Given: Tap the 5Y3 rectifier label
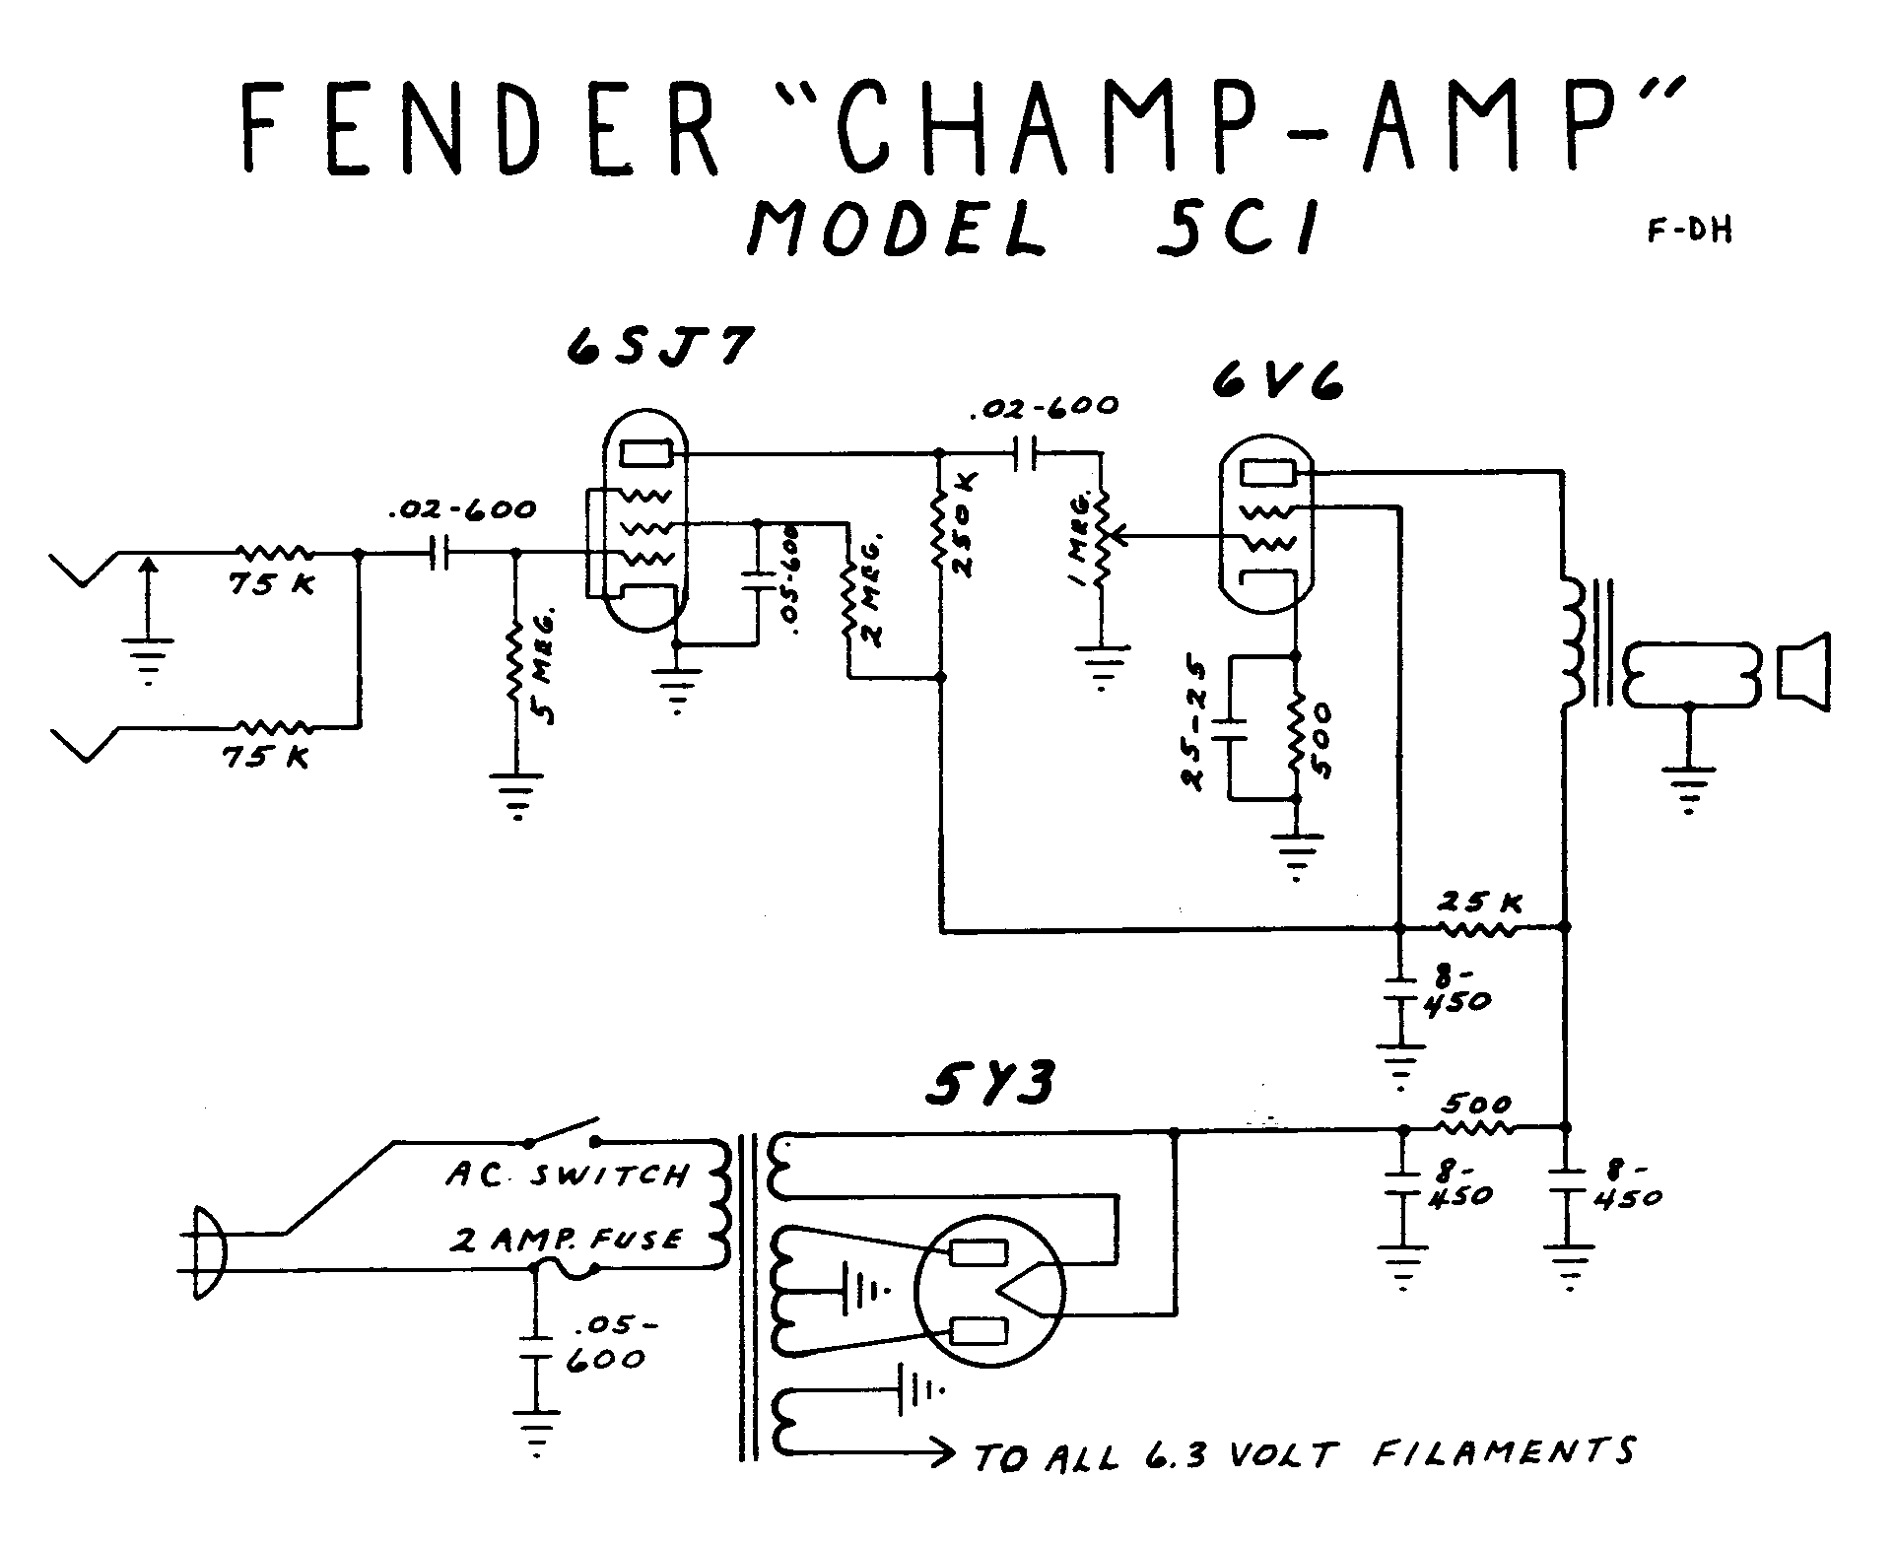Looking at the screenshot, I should [989, 1085].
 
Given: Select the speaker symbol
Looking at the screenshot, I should [1802, 673].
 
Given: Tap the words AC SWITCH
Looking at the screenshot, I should [566, 1175].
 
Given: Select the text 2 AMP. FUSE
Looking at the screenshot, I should [566, 1240].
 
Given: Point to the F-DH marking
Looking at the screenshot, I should [1688, 233].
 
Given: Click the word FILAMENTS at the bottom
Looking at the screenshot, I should [1503, 1453].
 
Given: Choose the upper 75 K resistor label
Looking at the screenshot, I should [272, 584].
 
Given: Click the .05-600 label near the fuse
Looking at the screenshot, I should [605, 1342].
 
